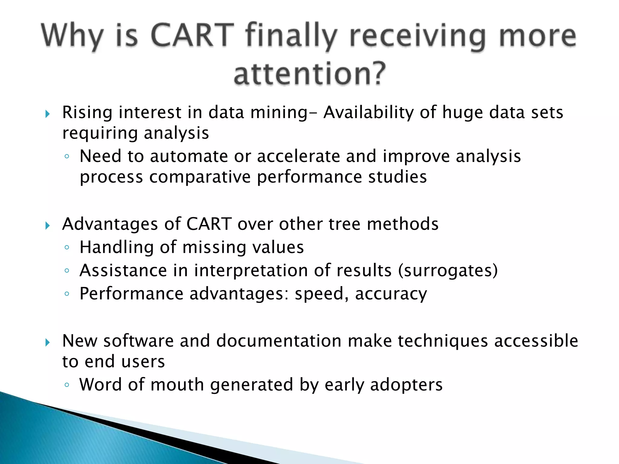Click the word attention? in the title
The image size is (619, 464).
tap(310, 73)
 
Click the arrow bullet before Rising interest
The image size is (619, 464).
tap(47, 114)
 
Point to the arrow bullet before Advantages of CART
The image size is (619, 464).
tap(47, 226)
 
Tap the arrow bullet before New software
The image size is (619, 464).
tap(47, 343)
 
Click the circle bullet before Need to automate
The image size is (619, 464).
tap(67, 156)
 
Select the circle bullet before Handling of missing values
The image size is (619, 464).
tap(67, 247)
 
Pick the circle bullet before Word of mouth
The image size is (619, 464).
tap(67, 385)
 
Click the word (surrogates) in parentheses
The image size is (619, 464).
tap(448, 270)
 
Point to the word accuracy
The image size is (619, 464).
tap(391, 294)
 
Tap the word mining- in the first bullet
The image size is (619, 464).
tap(284, 112)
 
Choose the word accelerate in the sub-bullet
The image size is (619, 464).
tap(298, 156)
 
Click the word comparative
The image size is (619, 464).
tap(200, 177)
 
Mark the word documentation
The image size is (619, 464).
tap(279, 341)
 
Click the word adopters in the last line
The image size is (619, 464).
tap(406, 385)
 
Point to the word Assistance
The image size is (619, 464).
tap(123, 270)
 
